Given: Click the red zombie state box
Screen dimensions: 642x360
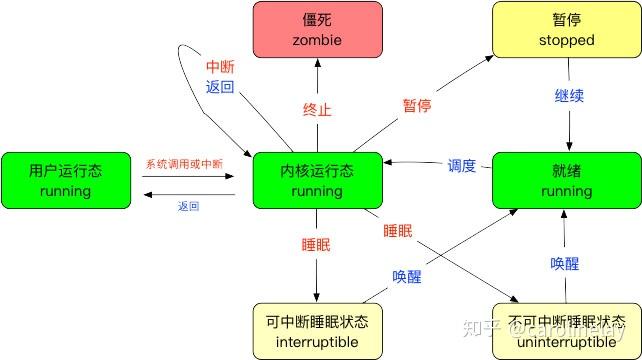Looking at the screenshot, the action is (x=318, y=29).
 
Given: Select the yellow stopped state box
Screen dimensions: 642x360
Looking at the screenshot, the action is (x=567, y=29).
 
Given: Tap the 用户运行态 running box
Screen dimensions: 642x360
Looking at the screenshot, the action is (x=66, y=181).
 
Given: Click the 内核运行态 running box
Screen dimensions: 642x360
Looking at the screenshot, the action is (x=318, y=181).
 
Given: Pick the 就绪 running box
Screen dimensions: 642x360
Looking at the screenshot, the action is (x=567, y=181).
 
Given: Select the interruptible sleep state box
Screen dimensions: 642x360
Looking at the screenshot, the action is (x=318, y=331).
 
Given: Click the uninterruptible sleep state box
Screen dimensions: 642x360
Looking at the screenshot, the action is (x=567, y=331).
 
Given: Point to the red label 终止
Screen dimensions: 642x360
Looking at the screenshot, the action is (x=317, y=110).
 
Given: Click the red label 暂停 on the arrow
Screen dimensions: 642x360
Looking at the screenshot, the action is (x=417, y=106).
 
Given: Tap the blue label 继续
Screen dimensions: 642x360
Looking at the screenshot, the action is (x=569, y=95).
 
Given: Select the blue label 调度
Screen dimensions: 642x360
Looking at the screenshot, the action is (x=462, y=165).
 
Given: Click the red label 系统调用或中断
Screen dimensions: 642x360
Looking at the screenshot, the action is (x=184, y=164).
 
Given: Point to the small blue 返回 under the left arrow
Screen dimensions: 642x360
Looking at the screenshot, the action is (x=189, y=206).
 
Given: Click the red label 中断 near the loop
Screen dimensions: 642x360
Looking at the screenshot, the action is (x=220, y=67).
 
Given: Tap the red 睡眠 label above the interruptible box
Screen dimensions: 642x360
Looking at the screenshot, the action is (x=316, y=245).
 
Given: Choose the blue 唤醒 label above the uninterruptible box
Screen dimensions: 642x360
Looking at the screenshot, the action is (x=565, y=263).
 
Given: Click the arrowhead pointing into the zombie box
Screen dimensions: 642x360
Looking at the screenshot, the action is (x=318, y=63).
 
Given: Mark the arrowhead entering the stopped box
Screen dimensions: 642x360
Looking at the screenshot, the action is (x=489, y=58).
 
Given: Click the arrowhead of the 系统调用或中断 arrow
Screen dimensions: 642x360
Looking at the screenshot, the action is (x=230, y=176).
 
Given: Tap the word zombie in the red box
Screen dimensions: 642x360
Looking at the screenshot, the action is (x=317, y=40).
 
